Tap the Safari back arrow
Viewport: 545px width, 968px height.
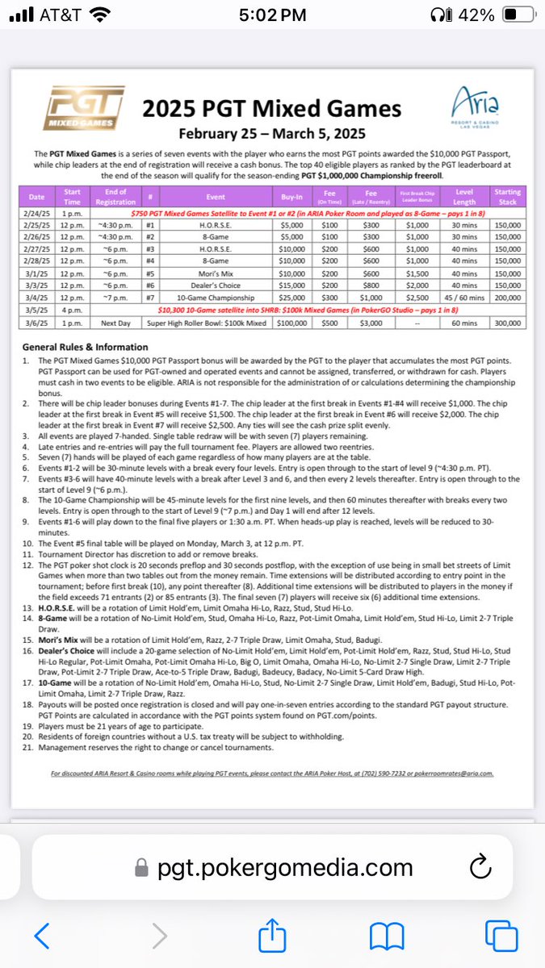pyautogui.click(x=42, y=935)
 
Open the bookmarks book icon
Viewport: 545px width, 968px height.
pyautogui.click(x=386, y=936)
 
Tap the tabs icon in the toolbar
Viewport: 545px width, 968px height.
pyautogui.click(x=501, y=935)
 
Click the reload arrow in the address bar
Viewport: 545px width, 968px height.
pyautogui.click(x=480, y=867)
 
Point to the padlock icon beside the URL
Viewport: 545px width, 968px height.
pyautogui.click(x=142, y=868)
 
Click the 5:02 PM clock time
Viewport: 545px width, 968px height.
pyautogui.click(x=273, y=15)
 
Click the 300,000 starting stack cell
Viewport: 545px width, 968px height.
pyautogui.click(x=507, y=321)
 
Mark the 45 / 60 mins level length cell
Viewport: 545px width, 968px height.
pyautogui.click(x=464, y=298)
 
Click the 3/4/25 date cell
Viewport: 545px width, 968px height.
pyautogui.click(x=37, y=298)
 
